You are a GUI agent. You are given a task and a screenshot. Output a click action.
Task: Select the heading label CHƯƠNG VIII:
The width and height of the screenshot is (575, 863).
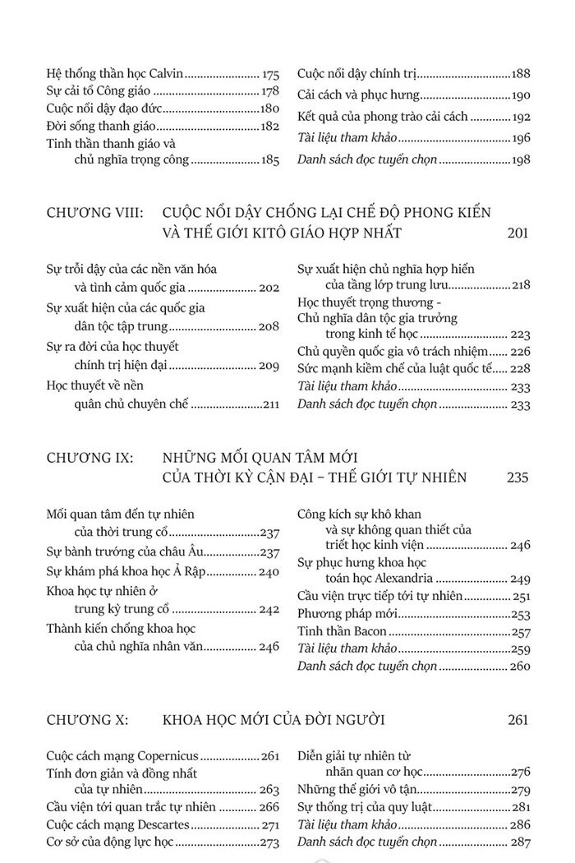(x=95, y=213)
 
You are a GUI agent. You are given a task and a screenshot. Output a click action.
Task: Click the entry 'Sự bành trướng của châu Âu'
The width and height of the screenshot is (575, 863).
(x=118, y=552)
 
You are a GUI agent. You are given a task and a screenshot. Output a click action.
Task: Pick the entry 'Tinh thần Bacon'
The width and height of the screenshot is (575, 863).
(x=342, y=632)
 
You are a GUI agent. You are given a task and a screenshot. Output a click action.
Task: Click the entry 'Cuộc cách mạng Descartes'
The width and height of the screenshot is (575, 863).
(x=119, y=824)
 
